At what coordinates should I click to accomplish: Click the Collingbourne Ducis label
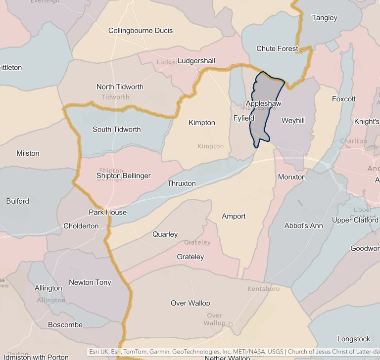[x=141, y=31]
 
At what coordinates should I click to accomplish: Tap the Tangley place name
[x=324, y=18]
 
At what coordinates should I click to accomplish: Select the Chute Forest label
[x=277, y=48]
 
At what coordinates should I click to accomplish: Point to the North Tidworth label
[x=120, y=87]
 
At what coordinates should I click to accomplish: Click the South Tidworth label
[x=116, y=130]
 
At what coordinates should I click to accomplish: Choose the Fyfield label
[x=243, y=119]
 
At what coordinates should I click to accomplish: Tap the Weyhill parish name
[x=293, y=121]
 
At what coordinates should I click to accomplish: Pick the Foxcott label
[x=343, y=99]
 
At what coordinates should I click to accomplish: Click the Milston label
[x=28, y=153]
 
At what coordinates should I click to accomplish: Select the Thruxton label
[x=181, y=183]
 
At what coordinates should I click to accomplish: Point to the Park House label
[x=107, y=213]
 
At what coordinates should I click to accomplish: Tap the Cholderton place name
[x=81, y=226]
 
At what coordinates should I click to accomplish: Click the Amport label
[x=234, y=216]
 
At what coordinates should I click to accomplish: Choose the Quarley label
[x=165, y=234]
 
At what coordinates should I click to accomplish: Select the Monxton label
[x=291, y=177]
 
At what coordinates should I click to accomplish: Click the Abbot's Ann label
[x=303, y=225]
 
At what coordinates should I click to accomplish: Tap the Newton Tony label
[x=90, y=282]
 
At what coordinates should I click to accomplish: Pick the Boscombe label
[x=65, y=325]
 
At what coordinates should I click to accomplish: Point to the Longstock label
[x=353, y=339]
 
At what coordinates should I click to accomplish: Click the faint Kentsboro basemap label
[x=263, y=289]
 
